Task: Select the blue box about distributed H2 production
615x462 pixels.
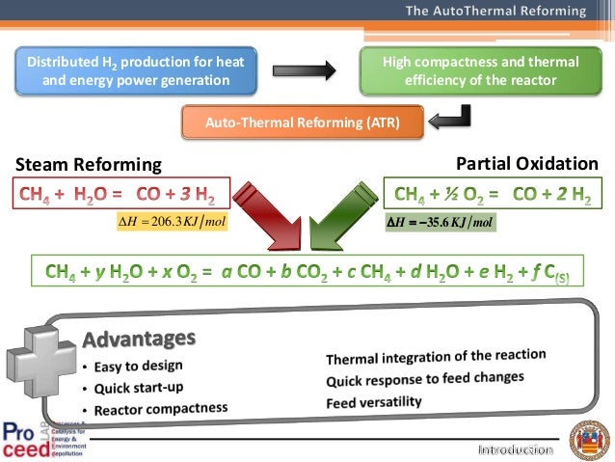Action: [135, 70]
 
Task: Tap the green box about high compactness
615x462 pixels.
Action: [481, 70]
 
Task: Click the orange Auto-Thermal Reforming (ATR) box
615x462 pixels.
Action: [303, 122]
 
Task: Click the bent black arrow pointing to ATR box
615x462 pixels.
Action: [451, 118]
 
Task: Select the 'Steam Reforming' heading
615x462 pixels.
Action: [88, 164]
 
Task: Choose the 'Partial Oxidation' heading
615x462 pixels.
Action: [526, 163]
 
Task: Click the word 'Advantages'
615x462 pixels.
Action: [140, 340]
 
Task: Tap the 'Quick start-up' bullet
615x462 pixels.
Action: [139, 388]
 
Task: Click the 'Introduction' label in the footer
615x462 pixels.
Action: [516, 450]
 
